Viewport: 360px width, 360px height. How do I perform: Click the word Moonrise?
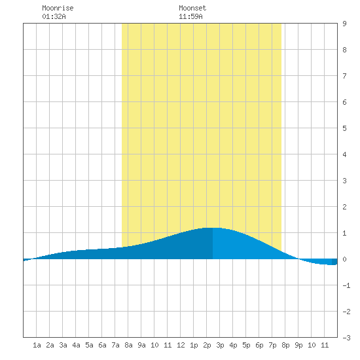58,8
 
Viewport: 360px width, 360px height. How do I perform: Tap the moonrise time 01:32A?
54,16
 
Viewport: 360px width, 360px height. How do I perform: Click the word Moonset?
192,8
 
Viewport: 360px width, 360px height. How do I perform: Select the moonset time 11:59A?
190,16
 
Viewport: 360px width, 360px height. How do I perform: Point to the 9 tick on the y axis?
344,24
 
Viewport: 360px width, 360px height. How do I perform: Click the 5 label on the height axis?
344,128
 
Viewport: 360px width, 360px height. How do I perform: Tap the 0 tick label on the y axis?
344,259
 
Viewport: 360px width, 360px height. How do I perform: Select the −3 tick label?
346,338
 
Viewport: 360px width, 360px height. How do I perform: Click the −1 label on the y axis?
346,285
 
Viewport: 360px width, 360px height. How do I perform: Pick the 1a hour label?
37,345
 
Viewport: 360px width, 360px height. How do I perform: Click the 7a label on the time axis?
115,345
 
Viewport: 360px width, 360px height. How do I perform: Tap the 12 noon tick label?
181,345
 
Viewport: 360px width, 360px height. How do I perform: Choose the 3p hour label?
220,345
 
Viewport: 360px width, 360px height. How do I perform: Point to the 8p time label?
285,345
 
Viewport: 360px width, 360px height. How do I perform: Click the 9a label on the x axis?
141,345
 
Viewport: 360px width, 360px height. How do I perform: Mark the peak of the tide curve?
213,228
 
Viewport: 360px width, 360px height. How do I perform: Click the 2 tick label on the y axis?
344,207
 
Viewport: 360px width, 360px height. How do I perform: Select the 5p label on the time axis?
246,345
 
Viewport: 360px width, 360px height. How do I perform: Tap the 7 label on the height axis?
344,76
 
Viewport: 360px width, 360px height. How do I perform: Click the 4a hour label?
76,345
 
